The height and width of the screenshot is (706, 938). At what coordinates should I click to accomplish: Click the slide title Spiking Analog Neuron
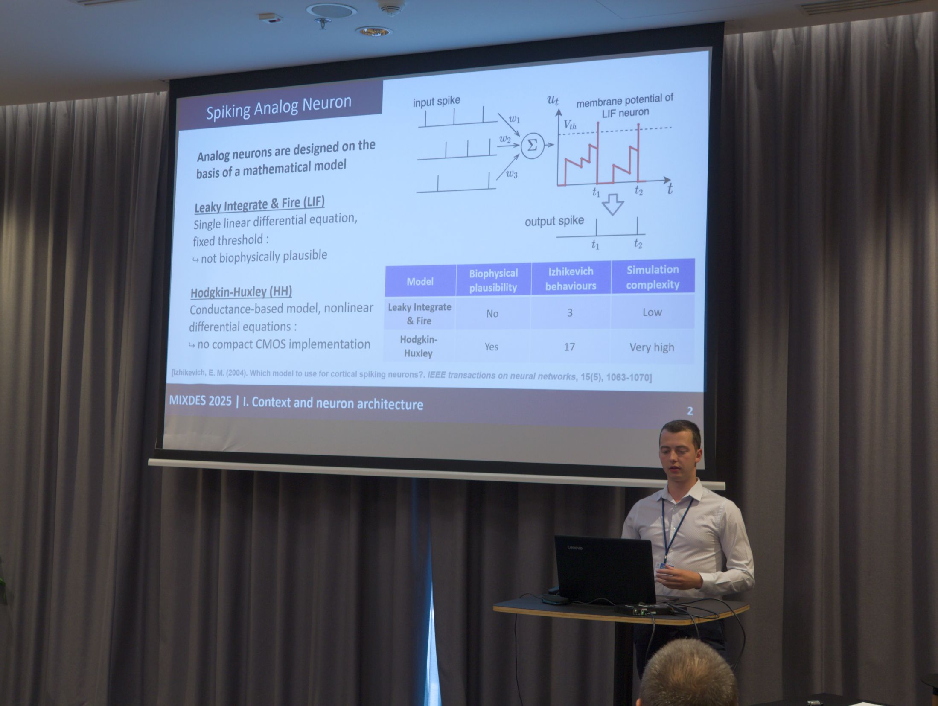point(279,107)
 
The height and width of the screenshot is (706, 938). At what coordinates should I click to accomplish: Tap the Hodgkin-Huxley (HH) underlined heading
point(241,292)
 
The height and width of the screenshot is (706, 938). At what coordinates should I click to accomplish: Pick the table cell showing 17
point(569,347)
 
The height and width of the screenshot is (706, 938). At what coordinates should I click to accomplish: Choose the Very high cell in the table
point(652,347)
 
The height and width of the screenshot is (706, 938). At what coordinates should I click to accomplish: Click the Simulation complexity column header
point(653,277)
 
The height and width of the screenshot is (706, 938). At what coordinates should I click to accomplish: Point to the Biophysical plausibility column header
point(493,280)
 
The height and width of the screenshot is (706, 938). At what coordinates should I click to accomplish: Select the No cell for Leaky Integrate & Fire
point(492,314)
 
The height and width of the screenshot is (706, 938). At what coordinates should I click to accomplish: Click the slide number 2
point(690,411)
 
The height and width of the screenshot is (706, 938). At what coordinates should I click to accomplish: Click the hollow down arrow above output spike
point(613,204)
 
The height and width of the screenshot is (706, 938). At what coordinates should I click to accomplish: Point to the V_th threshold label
point(570,125)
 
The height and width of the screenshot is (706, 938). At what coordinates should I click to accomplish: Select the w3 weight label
point(512,174)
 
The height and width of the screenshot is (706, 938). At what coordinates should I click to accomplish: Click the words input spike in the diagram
point(436,102)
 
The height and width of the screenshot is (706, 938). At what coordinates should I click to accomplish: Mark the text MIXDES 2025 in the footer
point(200,400)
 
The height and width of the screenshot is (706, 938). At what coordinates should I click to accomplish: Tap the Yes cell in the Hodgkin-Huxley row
point(491,347)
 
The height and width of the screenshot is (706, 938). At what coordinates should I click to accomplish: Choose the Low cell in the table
point(652,312)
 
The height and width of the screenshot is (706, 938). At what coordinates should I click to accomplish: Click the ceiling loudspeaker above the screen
point(331,10)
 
